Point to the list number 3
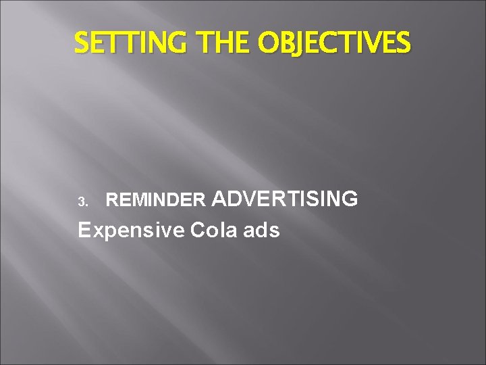coord(82,201)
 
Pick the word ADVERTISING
coord(285,199)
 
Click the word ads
coord(263,230)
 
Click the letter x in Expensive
coord(99,231)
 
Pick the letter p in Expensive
coord(110,233)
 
